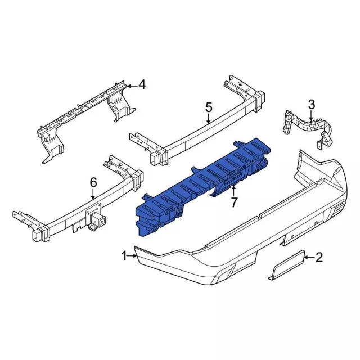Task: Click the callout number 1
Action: (124, 256)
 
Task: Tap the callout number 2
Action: (319, 257)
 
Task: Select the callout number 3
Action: (311, 105)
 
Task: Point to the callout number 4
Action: (142, 84)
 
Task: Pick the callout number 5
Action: (209, 107)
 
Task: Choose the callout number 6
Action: (93, 182)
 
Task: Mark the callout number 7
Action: (234, 202)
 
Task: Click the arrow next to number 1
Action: (132, 255)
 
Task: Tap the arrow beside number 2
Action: (309, 257)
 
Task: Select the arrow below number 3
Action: (311, 115)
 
